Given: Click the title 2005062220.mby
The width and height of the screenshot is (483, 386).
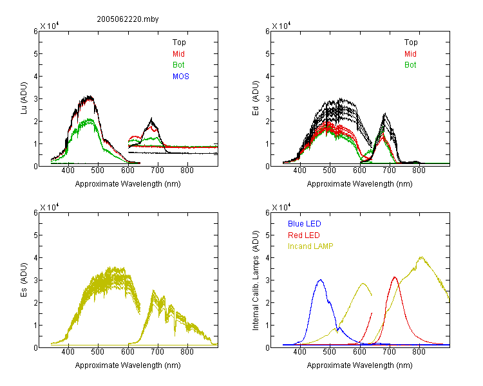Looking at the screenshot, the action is tap(128, 19).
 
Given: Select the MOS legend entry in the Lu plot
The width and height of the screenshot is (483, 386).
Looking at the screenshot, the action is tap(181, 77).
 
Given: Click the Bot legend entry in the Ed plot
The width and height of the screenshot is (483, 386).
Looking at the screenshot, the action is tap(410, 65).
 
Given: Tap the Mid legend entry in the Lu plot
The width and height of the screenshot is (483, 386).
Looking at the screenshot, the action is tap(178, 54).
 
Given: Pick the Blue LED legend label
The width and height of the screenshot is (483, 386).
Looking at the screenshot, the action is tap(305, 224).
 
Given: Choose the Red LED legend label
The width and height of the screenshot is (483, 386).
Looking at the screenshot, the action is tap(304, 235).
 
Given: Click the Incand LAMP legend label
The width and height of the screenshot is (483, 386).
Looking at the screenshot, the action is tap(310, 246).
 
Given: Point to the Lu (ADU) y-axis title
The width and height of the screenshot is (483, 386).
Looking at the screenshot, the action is tap(24, 98).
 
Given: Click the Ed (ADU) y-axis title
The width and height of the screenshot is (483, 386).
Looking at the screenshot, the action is tap(256, 98).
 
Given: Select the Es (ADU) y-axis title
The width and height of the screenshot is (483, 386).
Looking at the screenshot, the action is tap(24, 279).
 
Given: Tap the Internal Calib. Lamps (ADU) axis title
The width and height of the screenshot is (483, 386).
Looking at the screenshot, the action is tap(256, 280).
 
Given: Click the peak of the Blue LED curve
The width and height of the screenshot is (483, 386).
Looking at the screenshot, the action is tap(321, 280).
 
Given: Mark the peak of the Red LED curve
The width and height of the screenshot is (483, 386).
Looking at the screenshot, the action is tap(395, 277).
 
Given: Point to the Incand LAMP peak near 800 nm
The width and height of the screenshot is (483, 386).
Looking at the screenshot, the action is tap(421, 257).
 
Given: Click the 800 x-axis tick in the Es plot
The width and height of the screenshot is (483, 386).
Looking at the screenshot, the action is tap(187, 352).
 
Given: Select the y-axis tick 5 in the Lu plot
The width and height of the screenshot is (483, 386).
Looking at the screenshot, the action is tap(35, 54).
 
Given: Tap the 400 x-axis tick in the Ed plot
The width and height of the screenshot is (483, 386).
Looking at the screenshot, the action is tap(299, 170).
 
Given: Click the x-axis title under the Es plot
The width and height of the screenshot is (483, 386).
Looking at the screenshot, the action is tap(128, 365).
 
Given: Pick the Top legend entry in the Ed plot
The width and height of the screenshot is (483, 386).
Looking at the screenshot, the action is tap(411, 42).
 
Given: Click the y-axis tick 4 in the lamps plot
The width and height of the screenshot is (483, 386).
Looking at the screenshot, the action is tap(268, 258).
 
